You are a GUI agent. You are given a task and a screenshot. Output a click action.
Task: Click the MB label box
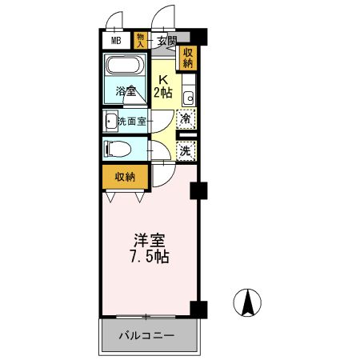pos(115,41)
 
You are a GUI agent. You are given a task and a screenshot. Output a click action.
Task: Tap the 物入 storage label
pos(141,41)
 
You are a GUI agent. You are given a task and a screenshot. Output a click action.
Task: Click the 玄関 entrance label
pos(166,41)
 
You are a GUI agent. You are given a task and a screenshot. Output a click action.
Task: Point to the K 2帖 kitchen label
pos(163,86)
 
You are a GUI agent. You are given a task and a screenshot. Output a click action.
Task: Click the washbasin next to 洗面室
pos(110,122)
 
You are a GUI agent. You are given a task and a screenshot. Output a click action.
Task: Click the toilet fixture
pos(118,149)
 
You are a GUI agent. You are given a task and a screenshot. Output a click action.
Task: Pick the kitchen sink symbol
pos(189,98)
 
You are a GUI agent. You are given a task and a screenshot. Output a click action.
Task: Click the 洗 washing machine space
pos(186,150)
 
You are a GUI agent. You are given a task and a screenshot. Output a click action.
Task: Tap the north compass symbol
pos(248,302)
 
